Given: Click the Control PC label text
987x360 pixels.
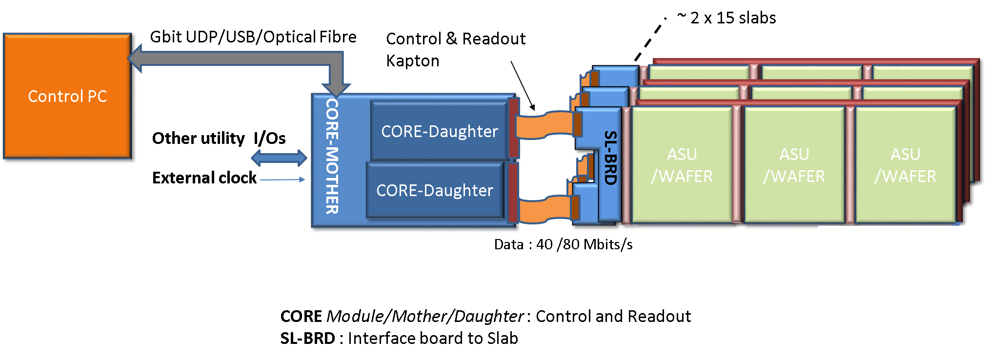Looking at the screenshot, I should point(67,97).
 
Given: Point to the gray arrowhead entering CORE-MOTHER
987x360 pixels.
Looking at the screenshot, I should point(336,89).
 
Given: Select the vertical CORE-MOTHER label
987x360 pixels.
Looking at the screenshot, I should point(332,156).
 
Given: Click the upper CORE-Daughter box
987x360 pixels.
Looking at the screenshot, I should point(439,131).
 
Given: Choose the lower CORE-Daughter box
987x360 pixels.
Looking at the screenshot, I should point(435,190).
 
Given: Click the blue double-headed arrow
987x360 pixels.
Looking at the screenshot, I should point(279,158).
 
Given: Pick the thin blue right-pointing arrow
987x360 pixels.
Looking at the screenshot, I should point(282,180).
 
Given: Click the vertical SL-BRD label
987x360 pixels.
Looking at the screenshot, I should point(610,158).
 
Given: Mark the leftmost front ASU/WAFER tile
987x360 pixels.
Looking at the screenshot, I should point(682,165).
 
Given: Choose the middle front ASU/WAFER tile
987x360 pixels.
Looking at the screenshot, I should point(794,165).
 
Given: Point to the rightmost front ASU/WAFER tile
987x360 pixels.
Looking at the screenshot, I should point(906,165).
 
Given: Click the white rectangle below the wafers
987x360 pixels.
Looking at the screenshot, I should point(891,281).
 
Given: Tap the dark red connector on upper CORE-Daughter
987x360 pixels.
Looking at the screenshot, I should point(513,128).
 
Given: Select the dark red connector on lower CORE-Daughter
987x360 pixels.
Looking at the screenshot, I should point(513,193).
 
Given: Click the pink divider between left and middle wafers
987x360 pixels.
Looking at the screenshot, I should point(737,165).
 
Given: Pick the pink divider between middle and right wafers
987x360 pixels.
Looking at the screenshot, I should point(850,165).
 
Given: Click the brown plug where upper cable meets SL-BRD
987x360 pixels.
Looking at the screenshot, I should point(578,124).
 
